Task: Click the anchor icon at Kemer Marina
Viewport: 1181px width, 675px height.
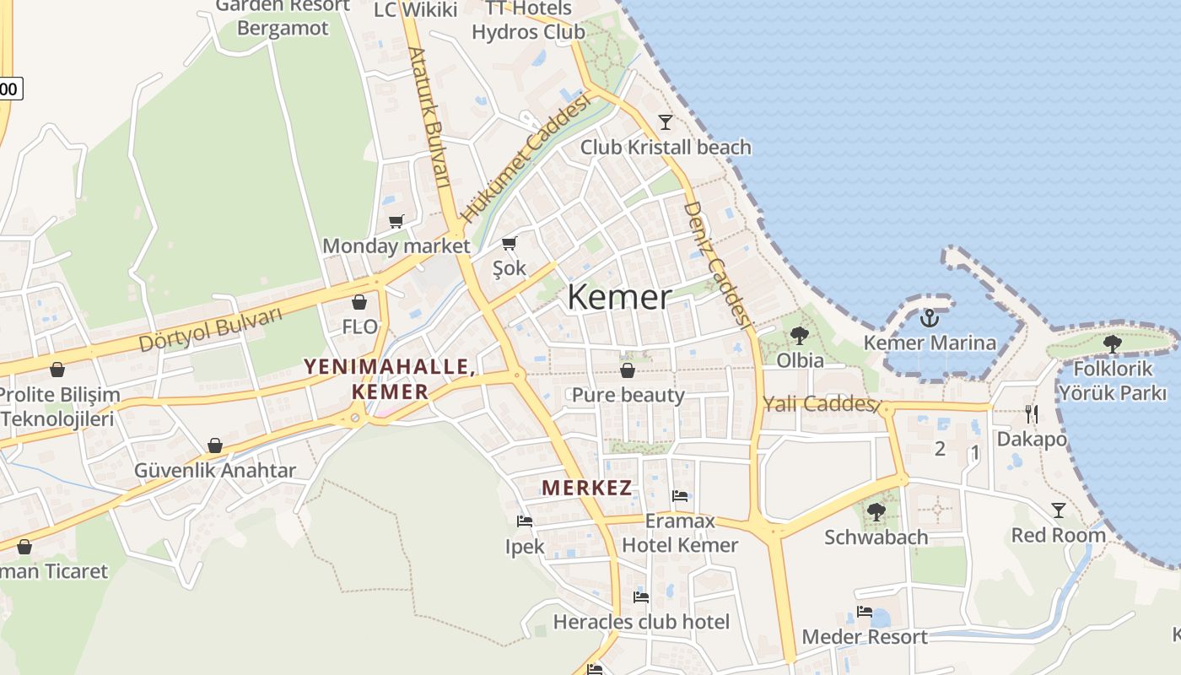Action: tap(929, 318)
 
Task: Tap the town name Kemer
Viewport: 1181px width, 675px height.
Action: tap(619, 297)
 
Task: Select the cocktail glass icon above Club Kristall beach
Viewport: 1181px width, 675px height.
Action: tap(666, 122)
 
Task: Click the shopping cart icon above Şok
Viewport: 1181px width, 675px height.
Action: tap(509, 244)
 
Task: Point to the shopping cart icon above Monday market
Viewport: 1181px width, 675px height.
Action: tap(396, 221)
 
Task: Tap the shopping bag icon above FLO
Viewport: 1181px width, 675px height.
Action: tap(359, 302)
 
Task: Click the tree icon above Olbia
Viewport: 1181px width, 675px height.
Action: tap(799, 336)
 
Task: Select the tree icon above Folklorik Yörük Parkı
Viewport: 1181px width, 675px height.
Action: tap(1112, 343)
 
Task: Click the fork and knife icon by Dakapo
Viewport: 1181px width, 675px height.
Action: tap(1031, 413)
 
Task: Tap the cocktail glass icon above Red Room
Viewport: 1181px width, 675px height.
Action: tap(1058, 510)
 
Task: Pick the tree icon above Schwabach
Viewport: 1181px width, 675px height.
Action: tap(876, 511)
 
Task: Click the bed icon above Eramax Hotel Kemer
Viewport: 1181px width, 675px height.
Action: tap(680, 496)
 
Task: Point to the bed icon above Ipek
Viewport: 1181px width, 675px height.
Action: tap(524, 521)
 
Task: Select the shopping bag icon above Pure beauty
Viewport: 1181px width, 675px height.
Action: tap(628, 370)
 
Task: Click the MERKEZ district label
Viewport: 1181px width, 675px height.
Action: tap(587, 488)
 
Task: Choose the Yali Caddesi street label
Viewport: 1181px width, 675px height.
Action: tap(817, 404)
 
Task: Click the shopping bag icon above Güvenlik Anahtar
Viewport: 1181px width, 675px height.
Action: tap(215, 445)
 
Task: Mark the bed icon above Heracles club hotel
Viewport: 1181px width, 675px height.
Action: tap(641, 597)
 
